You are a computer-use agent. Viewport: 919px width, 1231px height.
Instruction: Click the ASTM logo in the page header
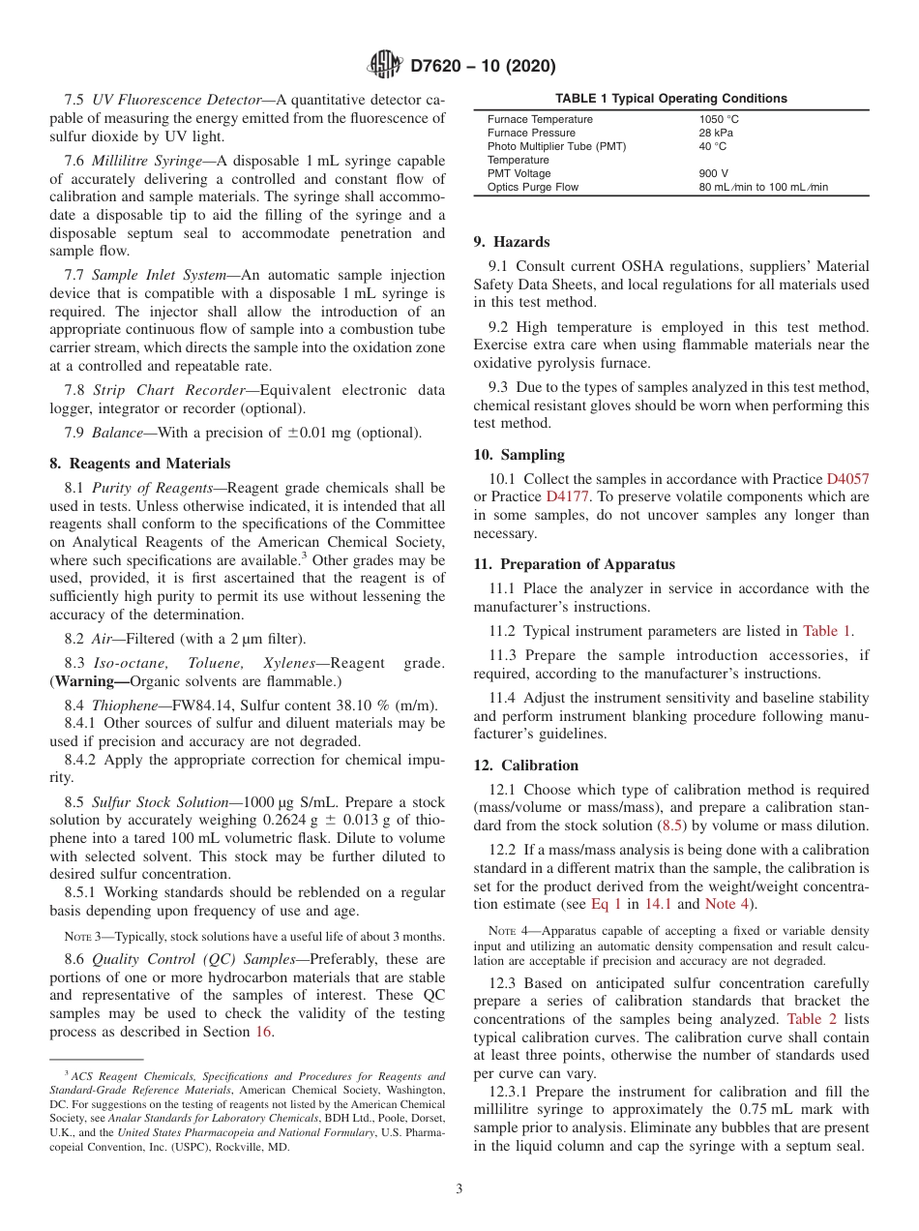tap(385, 66)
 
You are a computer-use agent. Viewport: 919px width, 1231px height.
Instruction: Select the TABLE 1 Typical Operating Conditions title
tap(670, 99)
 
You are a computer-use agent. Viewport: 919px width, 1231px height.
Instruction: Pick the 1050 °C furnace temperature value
tap(719, 119)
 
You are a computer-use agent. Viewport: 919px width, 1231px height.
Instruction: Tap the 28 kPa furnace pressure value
tap(716, 133)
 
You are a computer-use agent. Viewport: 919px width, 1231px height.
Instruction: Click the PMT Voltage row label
tap(519, 173)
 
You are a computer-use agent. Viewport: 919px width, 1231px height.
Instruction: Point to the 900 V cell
tap(714, 173)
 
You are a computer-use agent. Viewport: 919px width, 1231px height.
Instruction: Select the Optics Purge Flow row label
tap(533, 187)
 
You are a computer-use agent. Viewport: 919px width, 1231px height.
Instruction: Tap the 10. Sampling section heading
tap(519, 455)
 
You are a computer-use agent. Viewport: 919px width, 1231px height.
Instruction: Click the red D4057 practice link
tap(847, 479)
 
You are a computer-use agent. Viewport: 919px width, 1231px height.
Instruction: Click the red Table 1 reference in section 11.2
tap(826, 631)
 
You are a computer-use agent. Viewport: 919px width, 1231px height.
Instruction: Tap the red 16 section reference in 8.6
tap(263, 1032)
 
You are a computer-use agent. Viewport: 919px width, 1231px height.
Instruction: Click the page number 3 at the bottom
tap(459, 1188)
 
